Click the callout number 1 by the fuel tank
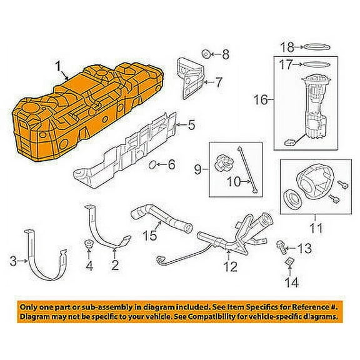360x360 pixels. [x=59, y=65]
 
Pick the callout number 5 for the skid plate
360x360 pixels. [x=191, y=125]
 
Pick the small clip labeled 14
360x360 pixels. [x=290, y=261]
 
